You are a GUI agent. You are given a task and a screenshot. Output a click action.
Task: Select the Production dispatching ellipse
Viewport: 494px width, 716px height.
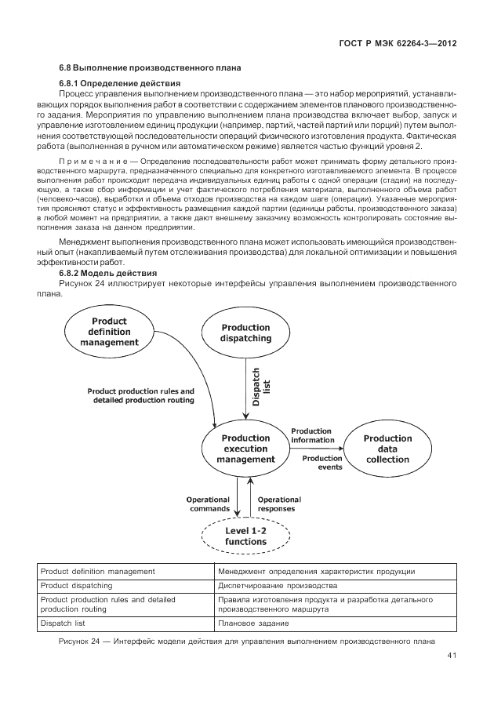[x=245, y=333]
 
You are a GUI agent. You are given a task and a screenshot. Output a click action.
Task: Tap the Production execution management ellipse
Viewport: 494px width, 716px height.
[x=245, y=449]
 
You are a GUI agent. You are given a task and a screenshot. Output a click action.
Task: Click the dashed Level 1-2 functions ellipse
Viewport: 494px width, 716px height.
[x=245, y=536]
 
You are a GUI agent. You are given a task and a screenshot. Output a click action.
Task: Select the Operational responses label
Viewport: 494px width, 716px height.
[x=279, y=503]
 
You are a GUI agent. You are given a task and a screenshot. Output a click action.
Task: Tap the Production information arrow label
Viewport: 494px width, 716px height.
[x=311, y=435]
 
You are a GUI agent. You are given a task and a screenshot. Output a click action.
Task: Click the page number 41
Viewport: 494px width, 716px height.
[x=452, y=656]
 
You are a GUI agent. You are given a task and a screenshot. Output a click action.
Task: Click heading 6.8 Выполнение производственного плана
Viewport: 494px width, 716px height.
[x=150, y=68]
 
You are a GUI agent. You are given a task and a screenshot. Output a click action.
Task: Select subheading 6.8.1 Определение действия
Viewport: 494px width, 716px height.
[x=120, y=83]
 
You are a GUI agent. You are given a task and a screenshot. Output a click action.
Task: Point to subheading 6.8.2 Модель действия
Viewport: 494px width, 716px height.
[x=109, y=271]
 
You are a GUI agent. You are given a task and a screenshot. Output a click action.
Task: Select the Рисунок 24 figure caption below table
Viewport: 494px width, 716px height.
[x=246, y=641]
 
